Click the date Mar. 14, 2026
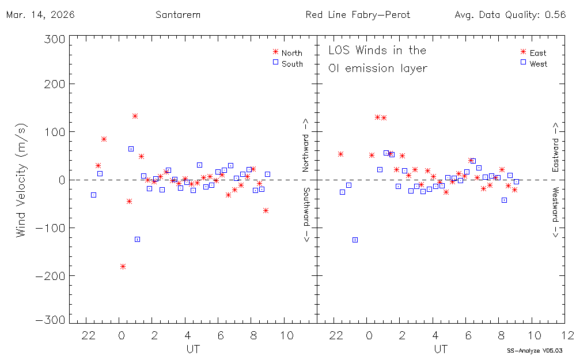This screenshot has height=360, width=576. tap(40, 15)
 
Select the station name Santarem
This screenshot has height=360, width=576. tap(178, 15)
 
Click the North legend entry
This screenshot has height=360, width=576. tap(291, 53)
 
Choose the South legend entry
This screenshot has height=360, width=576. tap(291, 64)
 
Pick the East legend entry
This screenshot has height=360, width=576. tap(537, 53)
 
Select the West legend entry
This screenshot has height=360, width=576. tap(538, 64)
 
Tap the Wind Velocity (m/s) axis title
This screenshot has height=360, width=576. tap(22, 180)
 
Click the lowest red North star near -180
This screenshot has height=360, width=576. tap(123, 266)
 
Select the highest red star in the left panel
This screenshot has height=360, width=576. tap(135, 116)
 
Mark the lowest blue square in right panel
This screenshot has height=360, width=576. tap(355, 240)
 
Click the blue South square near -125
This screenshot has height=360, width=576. tap(137, 239)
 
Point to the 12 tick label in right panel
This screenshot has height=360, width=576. tap(567, 335)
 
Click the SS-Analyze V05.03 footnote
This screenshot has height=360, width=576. tap(535, 350)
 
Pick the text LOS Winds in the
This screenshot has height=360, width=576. tap(377, 51)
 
